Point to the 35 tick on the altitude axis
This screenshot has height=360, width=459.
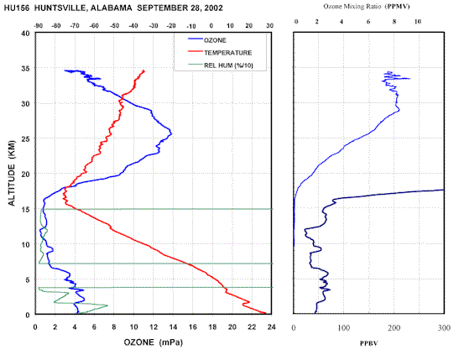(x=26, y=68)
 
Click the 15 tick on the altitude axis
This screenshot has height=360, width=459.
(x=26, y=209)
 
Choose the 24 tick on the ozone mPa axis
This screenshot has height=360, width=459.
(x=271, y=326)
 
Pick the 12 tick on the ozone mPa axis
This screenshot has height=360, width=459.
(x=154, y=326)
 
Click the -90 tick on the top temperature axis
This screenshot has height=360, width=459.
(x=39, y=26)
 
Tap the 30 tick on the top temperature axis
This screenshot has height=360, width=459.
(x=269, y=26)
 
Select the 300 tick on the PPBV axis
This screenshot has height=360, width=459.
(x=444, y=328)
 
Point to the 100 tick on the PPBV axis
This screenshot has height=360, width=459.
(x=344, y=328)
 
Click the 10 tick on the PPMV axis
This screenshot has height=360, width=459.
(x=417, y=22)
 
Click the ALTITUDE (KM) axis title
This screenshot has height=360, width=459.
(x=12, y=173)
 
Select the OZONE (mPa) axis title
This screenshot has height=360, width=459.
(x=153, y=342)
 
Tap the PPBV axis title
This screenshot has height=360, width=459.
(x=369, y=343)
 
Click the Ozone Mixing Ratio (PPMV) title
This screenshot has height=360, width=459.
(x=366, y=7)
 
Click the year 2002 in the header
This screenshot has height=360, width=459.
(x=214, y=8)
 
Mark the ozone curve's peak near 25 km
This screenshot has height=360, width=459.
(x=171, y=134)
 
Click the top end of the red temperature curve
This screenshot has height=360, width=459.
(x=143, y=70)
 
